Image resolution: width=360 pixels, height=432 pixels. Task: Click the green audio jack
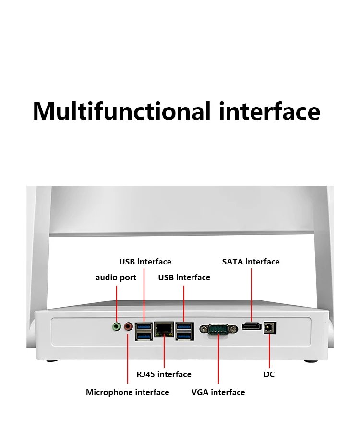[117, 327]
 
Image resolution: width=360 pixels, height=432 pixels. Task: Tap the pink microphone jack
[128, 327]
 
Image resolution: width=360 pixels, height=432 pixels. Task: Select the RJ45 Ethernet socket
[164, 329]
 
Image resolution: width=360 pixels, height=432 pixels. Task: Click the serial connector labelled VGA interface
[218, 329]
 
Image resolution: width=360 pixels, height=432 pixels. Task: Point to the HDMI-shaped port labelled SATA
[252, 326]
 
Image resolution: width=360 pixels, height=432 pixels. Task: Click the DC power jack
[270, 327]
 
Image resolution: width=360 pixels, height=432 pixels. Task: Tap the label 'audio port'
[116, 278]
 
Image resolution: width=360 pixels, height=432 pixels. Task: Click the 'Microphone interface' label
[128, 392]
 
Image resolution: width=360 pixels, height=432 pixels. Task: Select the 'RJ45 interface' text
[164, 374]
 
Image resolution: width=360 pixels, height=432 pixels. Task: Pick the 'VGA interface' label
[218, 392]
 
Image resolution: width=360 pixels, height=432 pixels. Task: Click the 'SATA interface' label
[251, 262]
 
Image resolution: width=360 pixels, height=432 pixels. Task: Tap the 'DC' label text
[269, 375]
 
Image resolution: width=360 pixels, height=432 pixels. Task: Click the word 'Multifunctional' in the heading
[121, 111]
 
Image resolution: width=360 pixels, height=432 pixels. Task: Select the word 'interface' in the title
[269, 111]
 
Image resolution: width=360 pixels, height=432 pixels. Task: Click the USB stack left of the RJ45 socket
[144, 331]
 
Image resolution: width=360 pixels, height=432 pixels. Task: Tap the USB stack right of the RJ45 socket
[184, 331]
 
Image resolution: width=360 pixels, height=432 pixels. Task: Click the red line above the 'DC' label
[269, 351]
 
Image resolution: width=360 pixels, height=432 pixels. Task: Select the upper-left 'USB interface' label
[145, 262]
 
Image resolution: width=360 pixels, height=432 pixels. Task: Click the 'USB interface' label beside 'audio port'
[184, 277]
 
